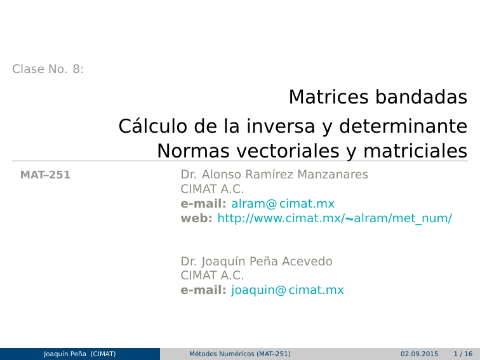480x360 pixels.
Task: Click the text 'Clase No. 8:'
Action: (x=48, y=69)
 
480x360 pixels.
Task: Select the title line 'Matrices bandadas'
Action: (x=378, y=97)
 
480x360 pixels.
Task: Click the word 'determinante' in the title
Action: (x=403, y=127)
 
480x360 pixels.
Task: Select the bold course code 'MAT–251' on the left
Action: (x=45, y=175)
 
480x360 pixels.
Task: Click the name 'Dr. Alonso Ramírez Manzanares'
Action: (x=274, y=175)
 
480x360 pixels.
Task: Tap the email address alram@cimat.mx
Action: (x=283, y=204)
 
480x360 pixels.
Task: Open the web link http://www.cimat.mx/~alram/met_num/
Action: (x=335, y=218)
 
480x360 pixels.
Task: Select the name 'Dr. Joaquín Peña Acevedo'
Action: (x=257, y=262)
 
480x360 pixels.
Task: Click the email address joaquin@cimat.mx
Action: (x=288, y=291)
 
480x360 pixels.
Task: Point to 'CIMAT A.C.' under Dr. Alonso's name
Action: (x=213, y=189)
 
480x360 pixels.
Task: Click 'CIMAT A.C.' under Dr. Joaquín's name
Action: (x=213, y=276)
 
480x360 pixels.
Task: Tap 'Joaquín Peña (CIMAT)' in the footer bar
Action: (x=79, y=354)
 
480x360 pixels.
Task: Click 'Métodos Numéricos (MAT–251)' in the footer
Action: (x=240, y=354)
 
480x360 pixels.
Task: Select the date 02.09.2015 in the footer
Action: (x=419, y=354)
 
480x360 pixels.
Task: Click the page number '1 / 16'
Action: (x=463, y=354)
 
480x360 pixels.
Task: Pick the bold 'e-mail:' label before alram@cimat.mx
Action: (x=203, y=204)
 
